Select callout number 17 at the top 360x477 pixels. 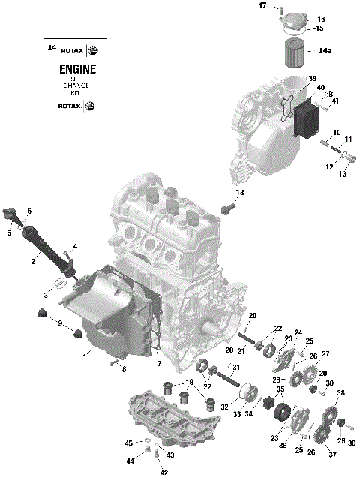tap(263, 6)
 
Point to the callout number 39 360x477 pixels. tap(313, 78)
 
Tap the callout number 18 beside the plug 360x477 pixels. tap(240, 193)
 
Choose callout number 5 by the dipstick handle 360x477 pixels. tap(9, 233)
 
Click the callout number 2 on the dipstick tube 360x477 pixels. tap(33, 262)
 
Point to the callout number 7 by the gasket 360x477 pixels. tap(159, 363)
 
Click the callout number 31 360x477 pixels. tap(235, 367)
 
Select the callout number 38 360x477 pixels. tap(340, 393)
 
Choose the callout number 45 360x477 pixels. tap(128, 442)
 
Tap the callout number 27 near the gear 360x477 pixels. tap(325, 354)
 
